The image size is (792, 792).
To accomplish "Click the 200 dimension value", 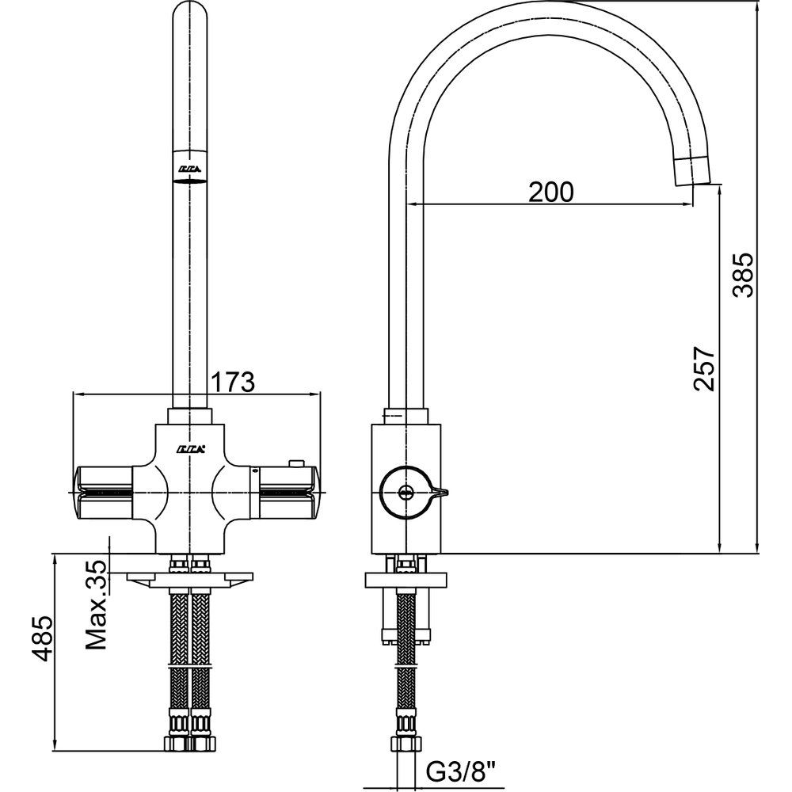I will [549, 192].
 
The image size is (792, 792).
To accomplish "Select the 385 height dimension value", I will [744, 275].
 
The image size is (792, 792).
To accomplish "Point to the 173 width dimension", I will [231, 382].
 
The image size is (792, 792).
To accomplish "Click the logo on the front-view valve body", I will [191, 448].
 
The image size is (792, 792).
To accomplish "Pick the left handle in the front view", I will [103, 491].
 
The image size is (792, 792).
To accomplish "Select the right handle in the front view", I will [287, 491].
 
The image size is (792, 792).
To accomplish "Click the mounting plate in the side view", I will [405, 579].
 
